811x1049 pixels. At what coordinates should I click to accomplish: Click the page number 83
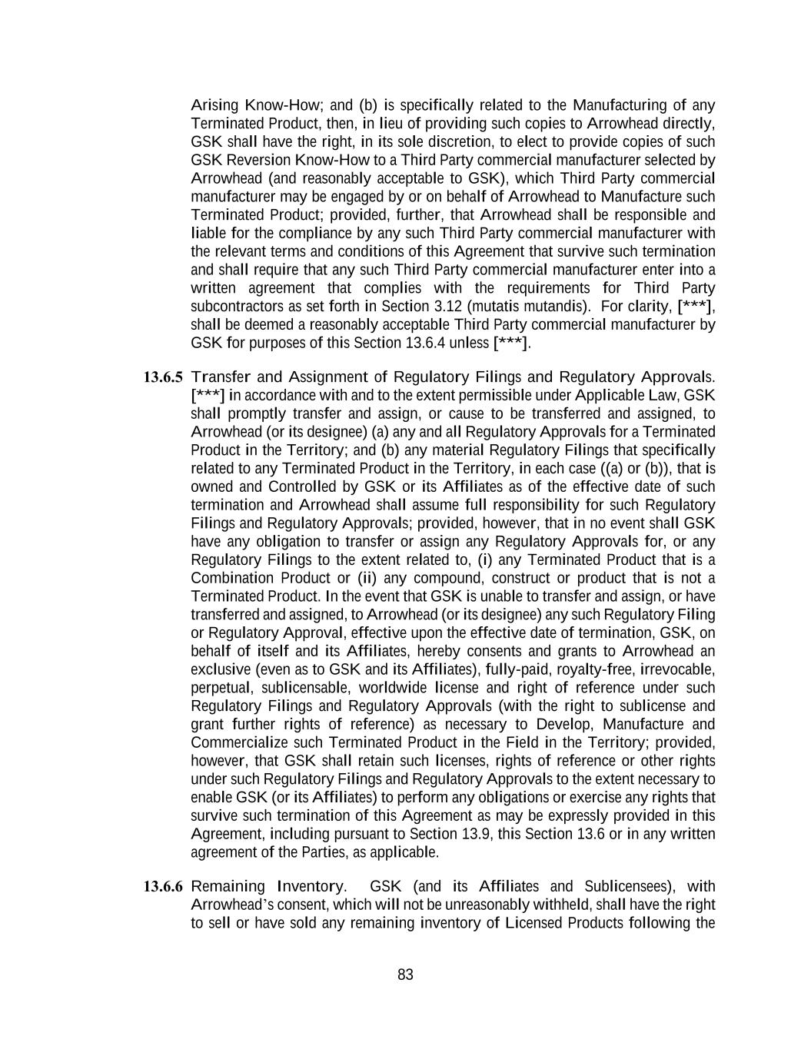coord(405,975)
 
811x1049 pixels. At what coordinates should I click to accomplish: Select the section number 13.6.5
coord(163,377)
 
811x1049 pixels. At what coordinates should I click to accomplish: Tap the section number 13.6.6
coord(163,887)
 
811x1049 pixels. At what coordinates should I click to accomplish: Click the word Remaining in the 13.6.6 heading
coord(228,887)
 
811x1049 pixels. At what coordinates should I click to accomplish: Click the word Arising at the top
coord(214,105)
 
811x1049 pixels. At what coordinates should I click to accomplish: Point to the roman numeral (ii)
coord(367,578)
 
